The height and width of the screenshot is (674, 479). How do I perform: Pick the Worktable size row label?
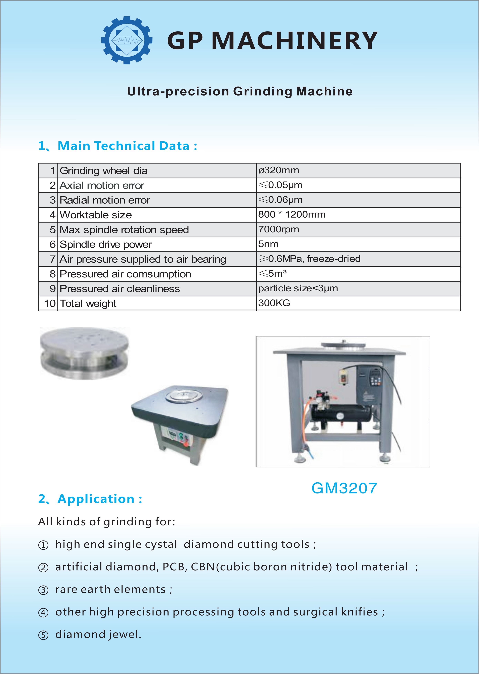pyautogui.click(x=96, y=215)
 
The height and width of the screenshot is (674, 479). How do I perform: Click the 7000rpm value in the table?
pyautogui.click(x=278, y=229)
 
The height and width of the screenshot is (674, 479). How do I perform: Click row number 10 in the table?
pyautogui.click(x=50, y=303)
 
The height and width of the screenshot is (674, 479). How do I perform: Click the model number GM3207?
pyautogui.click(x=344, y=488)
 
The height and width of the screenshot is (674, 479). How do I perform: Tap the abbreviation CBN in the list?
pyautogui.click(x=203, y=567)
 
